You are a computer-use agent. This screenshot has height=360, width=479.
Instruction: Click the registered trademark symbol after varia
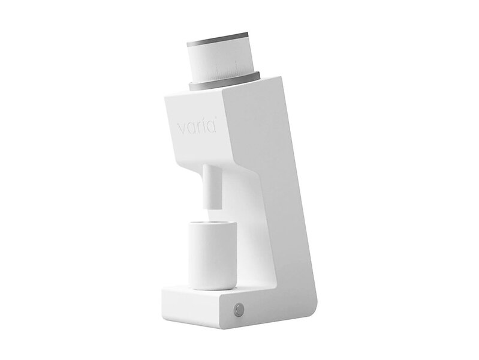216,117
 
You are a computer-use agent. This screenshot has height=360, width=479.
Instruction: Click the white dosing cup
213,256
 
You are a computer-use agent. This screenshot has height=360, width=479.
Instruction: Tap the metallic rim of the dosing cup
213,223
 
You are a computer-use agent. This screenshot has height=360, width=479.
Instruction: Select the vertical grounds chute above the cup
211,187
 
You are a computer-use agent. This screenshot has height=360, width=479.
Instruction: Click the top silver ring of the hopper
217,39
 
